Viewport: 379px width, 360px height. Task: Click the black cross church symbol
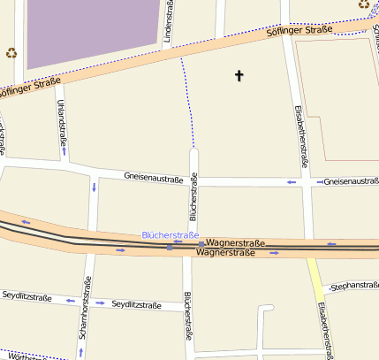pyautogui.click(x=239, y=76)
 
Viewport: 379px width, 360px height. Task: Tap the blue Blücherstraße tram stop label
pyautogui.click(x=171, y=235)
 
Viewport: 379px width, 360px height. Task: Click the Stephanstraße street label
pyautogui.click(x=353, y=286)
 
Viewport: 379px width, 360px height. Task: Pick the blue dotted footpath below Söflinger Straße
pyautogui.click(x=188, y=97)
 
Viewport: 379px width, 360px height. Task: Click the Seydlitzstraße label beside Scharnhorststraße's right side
pyautogui.click(x=137, y=304)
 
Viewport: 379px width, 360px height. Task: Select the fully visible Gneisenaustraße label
pyautogui.click(x=154, y=180)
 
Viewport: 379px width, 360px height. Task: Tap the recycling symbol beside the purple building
pyautogui.click(x=11, y=52)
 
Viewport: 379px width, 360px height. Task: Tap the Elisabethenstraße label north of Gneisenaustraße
pyautogui.click(x=300, y=136)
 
